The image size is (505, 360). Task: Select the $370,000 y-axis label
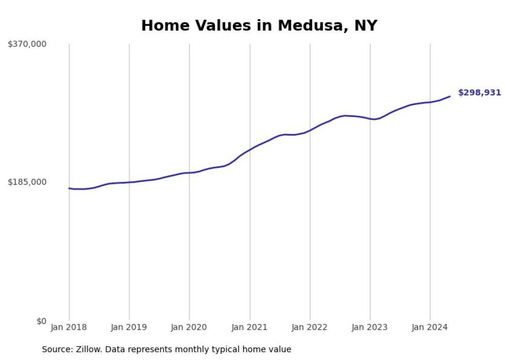pos(27,44)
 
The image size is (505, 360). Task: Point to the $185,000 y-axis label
pos(27,182)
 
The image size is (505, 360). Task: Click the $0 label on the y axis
pos(41,321)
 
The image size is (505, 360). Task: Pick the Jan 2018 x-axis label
pos(69,328)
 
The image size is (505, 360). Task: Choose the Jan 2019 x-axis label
pos(129,328)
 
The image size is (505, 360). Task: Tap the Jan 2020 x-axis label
pos(189,328)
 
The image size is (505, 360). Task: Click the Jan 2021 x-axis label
pos(250,328)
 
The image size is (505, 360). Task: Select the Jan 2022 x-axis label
pos(310,328)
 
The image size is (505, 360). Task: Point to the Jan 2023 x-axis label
pos(370,328)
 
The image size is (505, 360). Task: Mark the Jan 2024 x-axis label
pos(430,328)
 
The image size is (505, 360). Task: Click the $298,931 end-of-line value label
pos(479,93)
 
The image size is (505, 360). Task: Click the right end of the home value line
pos(450,96)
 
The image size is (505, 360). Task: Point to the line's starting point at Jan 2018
pos(69,188)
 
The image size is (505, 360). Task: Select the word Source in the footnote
pos(57,350)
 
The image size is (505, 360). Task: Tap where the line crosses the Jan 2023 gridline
pos(370,119)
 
